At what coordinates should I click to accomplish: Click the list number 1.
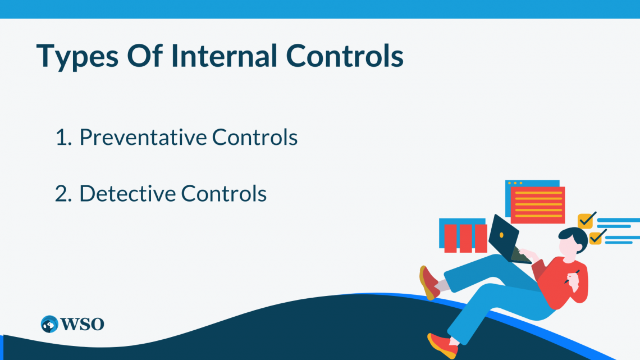tap(61, 138)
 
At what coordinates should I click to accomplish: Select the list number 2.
tap(62, 194)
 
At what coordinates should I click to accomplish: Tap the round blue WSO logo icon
tap(49, 324)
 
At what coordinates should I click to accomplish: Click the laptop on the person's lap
tap(505, 239)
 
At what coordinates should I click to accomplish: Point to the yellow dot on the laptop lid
tap(501, 234)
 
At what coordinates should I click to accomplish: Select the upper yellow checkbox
tap(586, 220)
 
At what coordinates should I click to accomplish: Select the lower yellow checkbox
tap(595, 236)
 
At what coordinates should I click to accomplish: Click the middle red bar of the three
tap(466, 238)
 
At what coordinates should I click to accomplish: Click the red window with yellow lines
tap(538, 204)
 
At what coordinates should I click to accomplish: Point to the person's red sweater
tap(564, 281)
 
